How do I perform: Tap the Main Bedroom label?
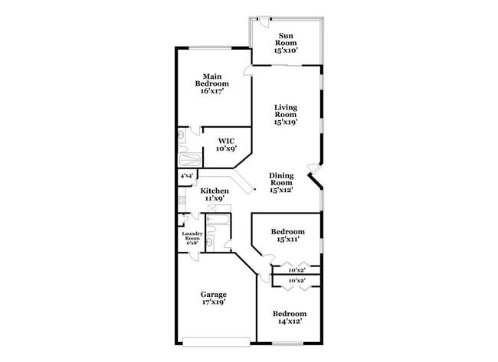[213, 80]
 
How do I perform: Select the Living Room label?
[286, 110]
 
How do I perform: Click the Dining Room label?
[281, 179]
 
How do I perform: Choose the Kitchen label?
[215, 191]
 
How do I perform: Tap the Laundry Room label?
[192, 236]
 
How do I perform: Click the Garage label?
[214, 294]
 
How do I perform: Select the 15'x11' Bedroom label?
[288, 231]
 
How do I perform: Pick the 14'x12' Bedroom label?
[290, 314]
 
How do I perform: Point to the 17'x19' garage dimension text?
[214, 302]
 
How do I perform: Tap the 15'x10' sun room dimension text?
[286, 51]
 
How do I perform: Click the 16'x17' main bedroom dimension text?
[213, 91]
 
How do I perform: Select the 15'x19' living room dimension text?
[286, 121]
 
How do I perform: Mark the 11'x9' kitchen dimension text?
[215, 198]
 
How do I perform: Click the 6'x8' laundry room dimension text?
[192, 243]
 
